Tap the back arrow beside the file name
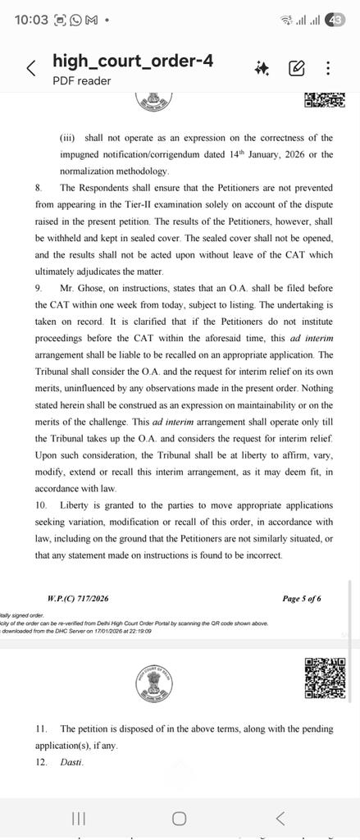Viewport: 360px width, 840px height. click(x=31, y=68)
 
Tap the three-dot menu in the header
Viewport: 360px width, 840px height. click(x=328, y=68)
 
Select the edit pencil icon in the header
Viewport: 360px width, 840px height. click(x=297, y=68)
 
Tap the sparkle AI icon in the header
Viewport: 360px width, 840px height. click(x=262, y=68)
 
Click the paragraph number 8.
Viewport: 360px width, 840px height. click(x=38, y=188)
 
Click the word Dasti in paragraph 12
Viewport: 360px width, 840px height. click(x=71, y=763)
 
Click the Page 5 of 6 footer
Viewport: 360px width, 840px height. click(x=302, y=599)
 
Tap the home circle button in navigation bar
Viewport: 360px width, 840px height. click(x=179, y=818)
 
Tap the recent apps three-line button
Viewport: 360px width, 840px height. click(x=79, y=818)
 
